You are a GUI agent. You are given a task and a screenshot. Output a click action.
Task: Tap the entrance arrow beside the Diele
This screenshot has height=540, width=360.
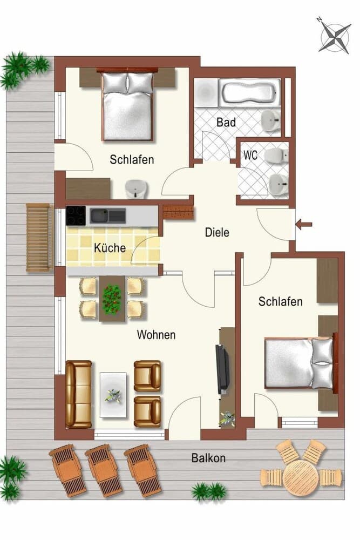pyautogui.click(x=304, y=224)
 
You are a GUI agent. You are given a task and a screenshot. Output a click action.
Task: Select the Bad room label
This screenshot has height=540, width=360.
pyautogui.click(x=226, y=123)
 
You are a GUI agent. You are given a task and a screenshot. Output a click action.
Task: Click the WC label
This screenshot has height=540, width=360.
pyautogui.click(x=250, y=155)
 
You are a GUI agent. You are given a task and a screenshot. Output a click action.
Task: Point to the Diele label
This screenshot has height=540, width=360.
pyautogui.click(x=217, y=233)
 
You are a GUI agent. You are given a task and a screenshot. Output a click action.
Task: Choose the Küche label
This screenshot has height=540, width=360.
pyautogui.click(x=110, y=248)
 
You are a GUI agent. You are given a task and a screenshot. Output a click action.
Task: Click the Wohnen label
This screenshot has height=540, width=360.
pyautogui.click(x=156, y=335)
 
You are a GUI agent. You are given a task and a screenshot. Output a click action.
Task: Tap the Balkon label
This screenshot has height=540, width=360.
pyautogui.click(x=208, y=458)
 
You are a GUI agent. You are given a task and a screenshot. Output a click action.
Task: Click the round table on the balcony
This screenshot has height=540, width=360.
pyautogui.click(x=301, y=476)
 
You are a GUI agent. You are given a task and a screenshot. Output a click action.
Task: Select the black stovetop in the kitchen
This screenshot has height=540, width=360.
pyautogui.click(x=76, y=216)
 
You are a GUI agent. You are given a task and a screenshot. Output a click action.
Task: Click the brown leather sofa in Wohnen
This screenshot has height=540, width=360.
pyautogui.click(x=79, y=394)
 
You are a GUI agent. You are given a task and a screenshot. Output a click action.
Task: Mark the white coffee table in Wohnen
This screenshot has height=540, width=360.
pyautogui.click(x=113, y=394)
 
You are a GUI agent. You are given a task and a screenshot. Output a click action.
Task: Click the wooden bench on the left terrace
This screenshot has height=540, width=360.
pyautogui.click(x=39, y=237)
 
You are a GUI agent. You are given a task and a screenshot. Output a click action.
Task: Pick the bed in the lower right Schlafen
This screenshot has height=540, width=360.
pyautogui.click(x=297, y=363)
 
